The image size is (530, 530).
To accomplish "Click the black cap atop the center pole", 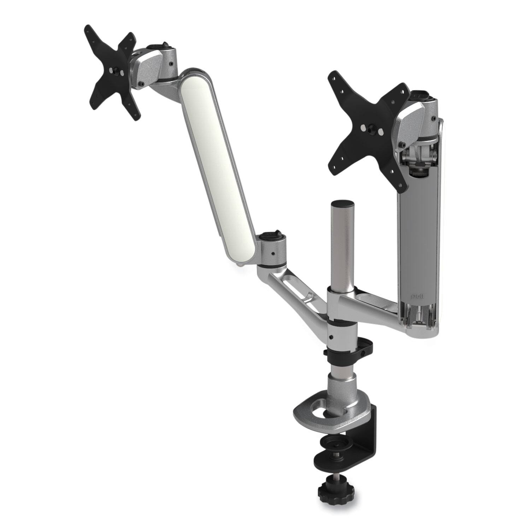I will click(343, 205).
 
